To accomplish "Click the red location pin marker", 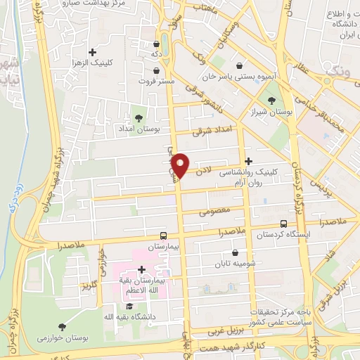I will (x=181, y=165).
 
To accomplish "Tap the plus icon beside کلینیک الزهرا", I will (x=92, y=51).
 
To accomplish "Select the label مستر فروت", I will (x=155, y=81).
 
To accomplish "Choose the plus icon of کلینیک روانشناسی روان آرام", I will (x=247, y=161).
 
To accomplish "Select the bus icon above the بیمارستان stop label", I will (x=163, y=236).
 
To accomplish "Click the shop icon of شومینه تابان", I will (x=235, y=253).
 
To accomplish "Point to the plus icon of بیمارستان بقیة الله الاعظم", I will (x=141, y=269).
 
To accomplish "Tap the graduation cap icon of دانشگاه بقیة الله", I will (x=128, y=306).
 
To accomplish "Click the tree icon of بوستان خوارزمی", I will (x=63, y=327).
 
